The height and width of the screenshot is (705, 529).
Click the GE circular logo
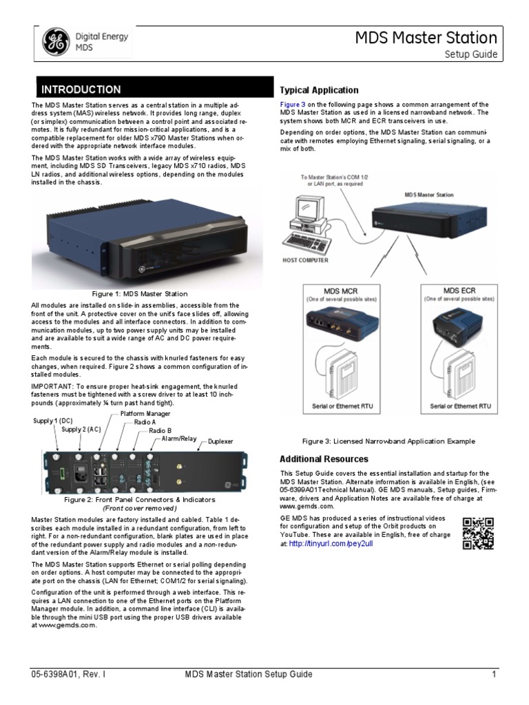tap(54, 42)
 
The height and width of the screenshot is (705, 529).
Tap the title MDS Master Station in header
tap(426, 37)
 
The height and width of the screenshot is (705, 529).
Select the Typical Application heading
tap(319, 90)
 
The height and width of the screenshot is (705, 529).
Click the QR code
tap(477, 533)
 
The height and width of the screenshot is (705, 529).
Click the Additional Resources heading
tap(324, 459)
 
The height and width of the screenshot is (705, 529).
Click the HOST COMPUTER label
tap(305, 260)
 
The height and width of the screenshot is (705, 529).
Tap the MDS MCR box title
tap(340, 291)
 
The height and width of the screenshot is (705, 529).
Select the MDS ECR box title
tap(459, 291)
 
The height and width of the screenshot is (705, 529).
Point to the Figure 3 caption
tap(388, 441)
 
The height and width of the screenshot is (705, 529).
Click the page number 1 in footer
tap(494, 674)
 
